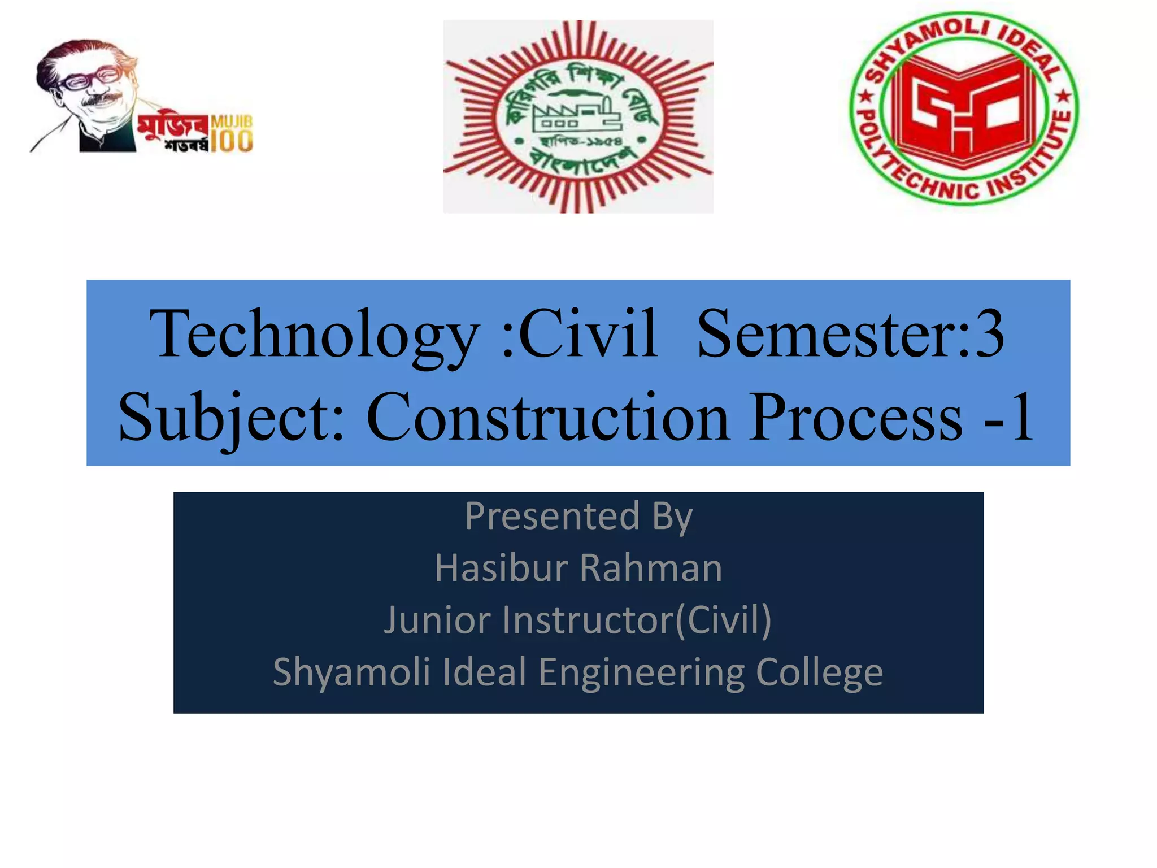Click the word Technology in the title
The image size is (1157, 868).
pos(314,335)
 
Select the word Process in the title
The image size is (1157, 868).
pos(855,417)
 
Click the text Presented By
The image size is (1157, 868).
pos(578,517)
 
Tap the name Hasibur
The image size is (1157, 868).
pos(501,568)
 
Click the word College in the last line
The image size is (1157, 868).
pos(819,672)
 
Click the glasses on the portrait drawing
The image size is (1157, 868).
pos(90,79)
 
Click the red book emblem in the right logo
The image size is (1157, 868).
pos(964,110)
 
